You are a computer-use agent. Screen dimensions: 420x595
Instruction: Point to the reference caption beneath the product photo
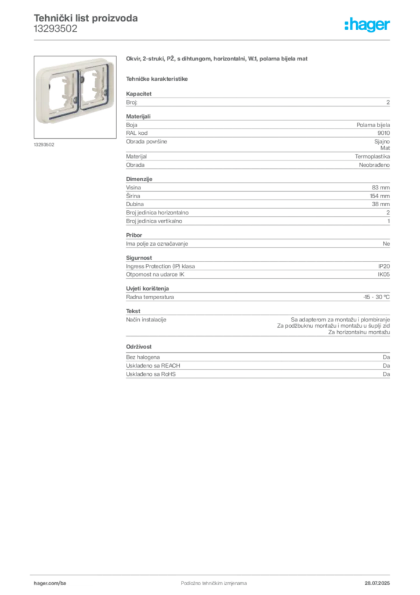pyautogui.click(x=44, y=145)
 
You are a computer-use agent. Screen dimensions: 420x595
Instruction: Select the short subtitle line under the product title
pyautogui.click(x=157, y=77)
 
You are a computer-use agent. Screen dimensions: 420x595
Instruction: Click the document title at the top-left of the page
pyautogui.click(x=85, y=19)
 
